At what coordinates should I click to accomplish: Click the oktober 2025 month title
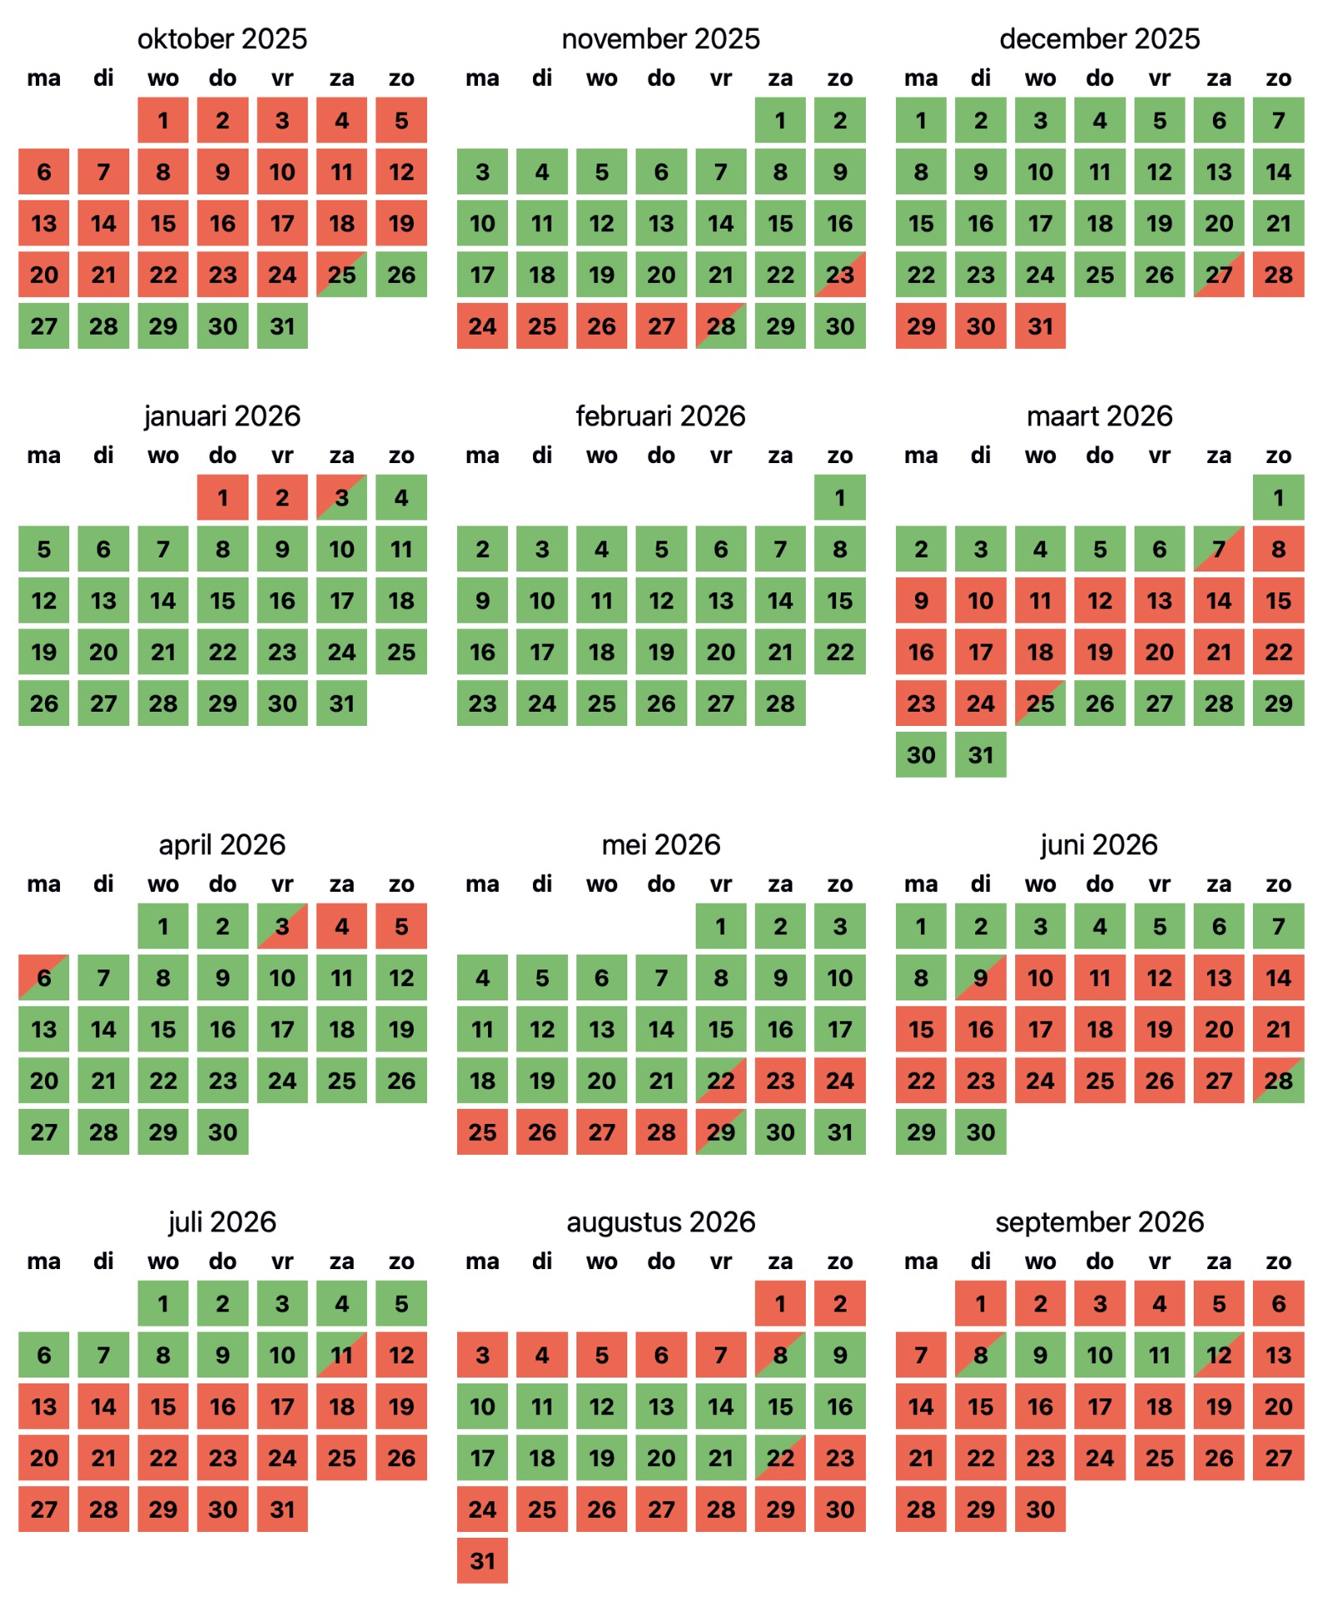pyautogui.click(x=222, y=38)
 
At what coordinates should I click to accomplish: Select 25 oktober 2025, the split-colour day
pyautogui.click(x=342, y=275)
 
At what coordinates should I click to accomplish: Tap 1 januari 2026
pyautogui.click(x=223, y=498)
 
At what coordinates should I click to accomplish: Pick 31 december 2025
pyautogui.click(x=1040, y=326)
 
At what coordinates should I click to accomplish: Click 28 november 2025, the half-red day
pyautogui.click(x=721, y=326)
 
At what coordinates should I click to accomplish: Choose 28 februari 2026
pyautogui.click(x=780, y=703)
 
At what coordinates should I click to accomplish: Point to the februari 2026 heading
pyautogui.click(x=661, y=416)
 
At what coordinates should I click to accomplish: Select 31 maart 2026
pyautogui.click(x=980, y=755)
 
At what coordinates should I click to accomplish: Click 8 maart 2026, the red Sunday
pyautogui.click(x=1278, y=550)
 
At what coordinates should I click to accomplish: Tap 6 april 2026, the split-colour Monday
pyautogui.click(x=44, y=978)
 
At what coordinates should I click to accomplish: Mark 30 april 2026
pyautogui.click(x=223, y=1132)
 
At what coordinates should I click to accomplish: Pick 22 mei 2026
pyautogui.click(x=721, y=1081)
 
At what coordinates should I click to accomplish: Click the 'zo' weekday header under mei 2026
pyautogui.click(x=839, y=884)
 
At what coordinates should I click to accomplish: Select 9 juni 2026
pyautogui.click(x=980, y=978)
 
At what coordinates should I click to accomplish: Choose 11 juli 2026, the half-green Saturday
pyautogui.click(x=342, y=1355)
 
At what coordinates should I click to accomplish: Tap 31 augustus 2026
pyautogui.click(x=482, y=1560)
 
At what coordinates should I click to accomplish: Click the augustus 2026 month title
pyautogui.click(x=661, y=1222)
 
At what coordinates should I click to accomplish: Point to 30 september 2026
pyautogui.click(x=1040, y=1509)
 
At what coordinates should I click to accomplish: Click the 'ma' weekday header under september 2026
pyautogui.click(x=921, y=1261)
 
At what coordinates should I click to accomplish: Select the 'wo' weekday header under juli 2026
pyautogui.click(x=163, y=1261)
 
